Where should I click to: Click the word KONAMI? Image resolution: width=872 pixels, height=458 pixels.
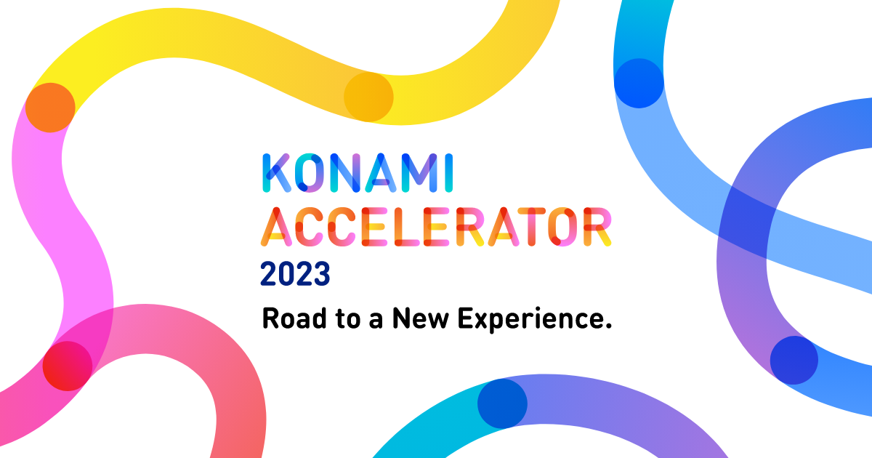click(x=358, y=172)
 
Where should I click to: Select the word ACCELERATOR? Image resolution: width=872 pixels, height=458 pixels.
click(x=436, y=227)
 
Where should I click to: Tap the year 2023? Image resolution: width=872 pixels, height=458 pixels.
click(x=295, y=274)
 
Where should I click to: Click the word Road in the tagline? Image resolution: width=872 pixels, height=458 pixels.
click(x=294, y=318)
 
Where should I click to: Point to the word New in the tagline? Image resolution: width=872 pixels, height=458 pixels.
click(x=421, y=318)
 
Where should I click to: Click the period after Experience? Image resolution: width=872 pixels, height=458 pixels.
click(x=608, y=325)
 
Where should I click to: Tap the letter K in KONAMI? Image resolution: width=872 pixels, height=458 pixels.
click(x=276, y=172)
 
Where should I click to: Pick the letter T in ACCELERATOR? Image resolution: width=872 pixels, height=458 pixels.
click(x=532, y=227)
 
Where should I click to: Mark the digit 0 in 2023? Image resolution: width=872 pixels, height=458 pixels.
click(x=286, y=274)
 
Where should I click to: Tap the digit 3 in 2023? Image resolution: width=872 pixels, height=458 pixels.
click(x=322, y=274)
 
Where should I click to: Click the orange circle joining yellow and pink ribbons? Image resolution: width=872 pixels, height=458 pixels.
click(x=50, y=108)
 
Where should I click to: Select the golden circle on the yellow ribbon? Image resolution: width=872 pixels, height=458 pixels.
click(x=368, y=97)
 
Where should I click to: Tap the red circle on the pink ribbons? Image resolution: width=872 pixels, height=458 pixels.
click(x=68, y=366)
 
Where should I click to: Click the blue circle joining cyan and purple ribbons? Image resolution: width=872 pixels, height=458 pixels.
click(x=502, y=403)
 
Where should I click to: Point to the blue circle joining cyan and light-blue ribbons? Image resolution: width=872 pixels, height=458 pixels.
click(x=639, y=83)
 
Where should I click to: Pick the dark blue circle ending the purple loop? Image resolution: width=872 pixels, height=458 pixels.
click(x=794, y=361)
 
